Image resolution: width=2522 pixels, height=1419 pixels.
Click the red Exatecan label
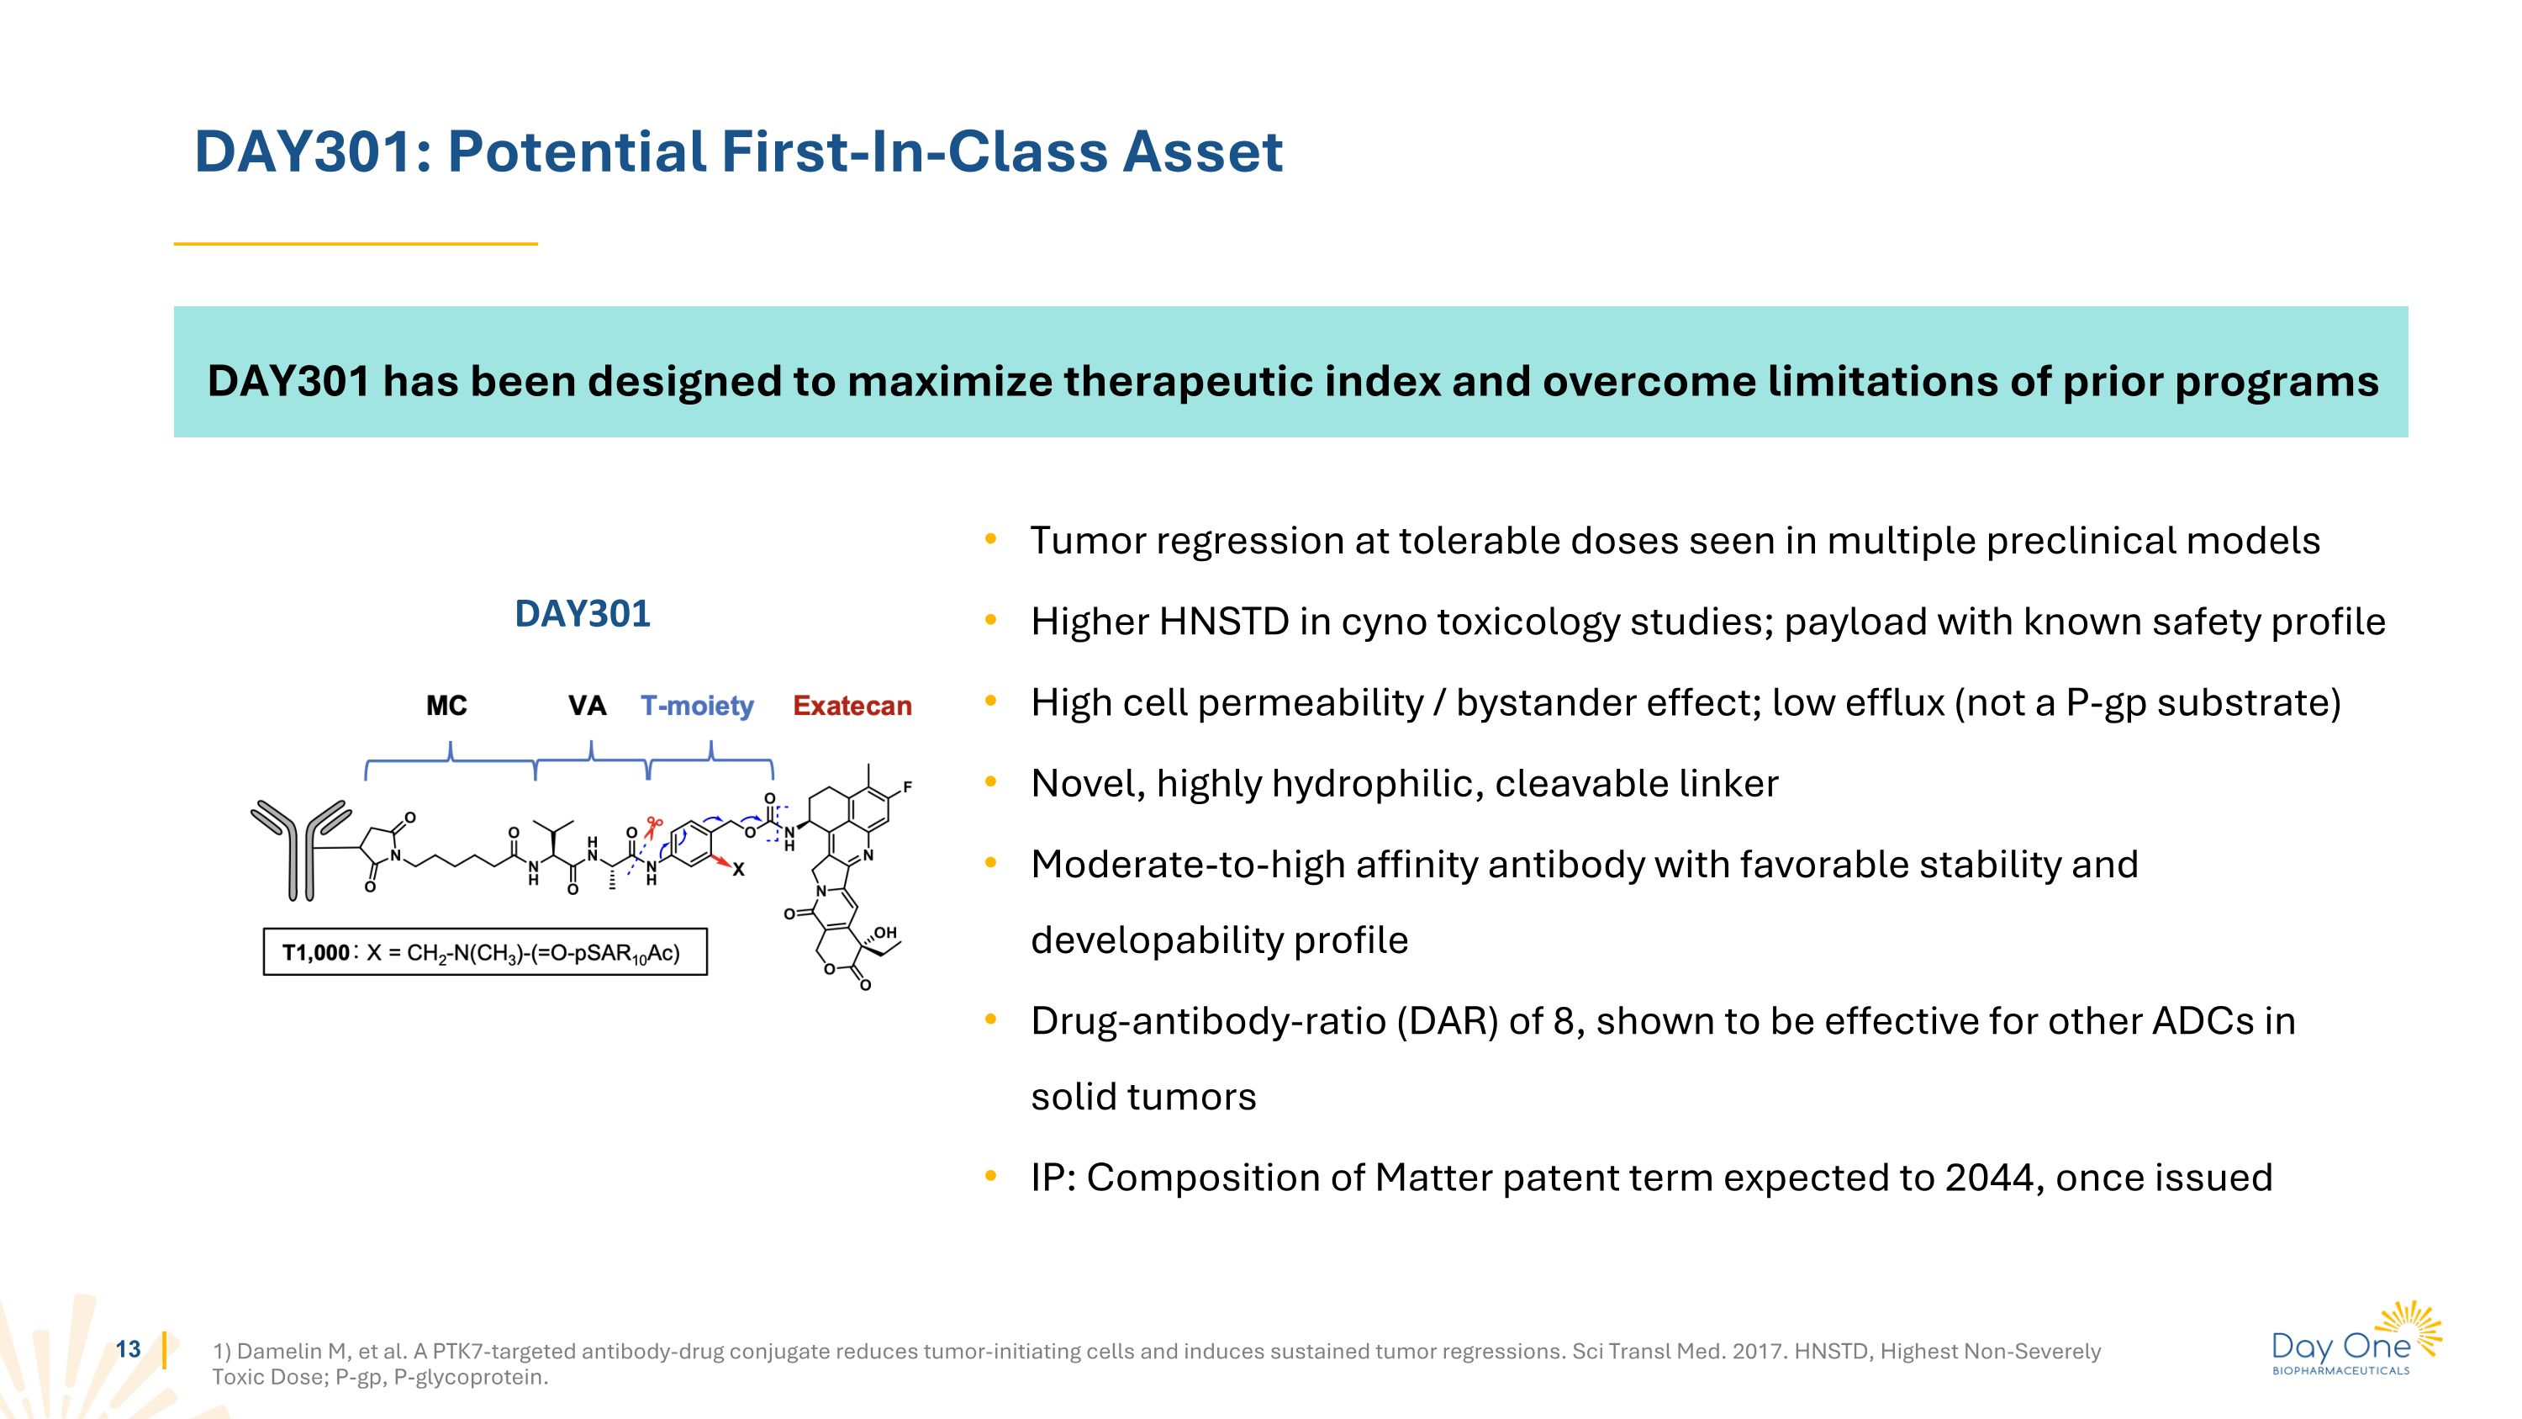852,706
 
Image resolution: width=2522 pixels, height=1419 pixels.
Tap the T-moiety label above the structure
697,706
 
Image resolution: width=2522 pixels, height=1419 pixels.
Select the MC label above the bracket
446,706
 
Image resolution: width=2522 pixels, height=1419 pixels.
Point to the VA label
588,706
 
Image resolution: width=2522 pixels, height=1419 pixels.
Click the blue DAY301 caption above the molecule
583,614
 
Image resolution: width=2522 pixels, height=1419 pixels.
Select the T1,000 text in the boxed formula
315,953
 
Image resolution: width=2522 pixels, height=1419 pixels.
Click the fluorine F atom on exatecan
908,786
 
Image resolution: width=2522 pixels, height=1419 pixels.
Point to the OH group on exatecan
885,932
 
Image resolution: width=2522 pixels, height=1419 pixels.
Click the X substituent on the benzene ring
738,870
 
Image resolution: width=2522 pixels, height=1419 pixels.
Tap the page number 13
129,1349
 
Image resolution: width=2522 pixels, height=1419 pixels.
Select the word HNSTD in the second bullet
1224,622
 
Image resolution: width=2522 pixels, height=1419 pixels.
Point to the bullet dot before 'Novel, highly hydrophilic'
991,781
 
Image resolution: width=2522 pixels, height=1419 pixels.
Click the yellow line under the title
356,244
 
